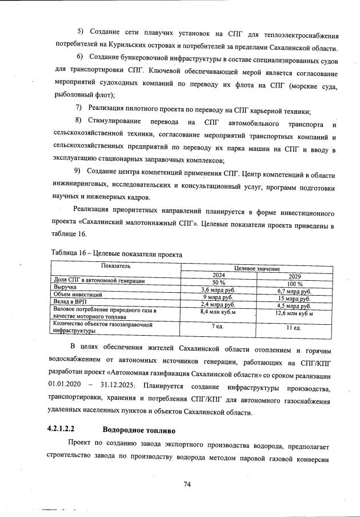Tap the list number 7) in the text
pos(79,109)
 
